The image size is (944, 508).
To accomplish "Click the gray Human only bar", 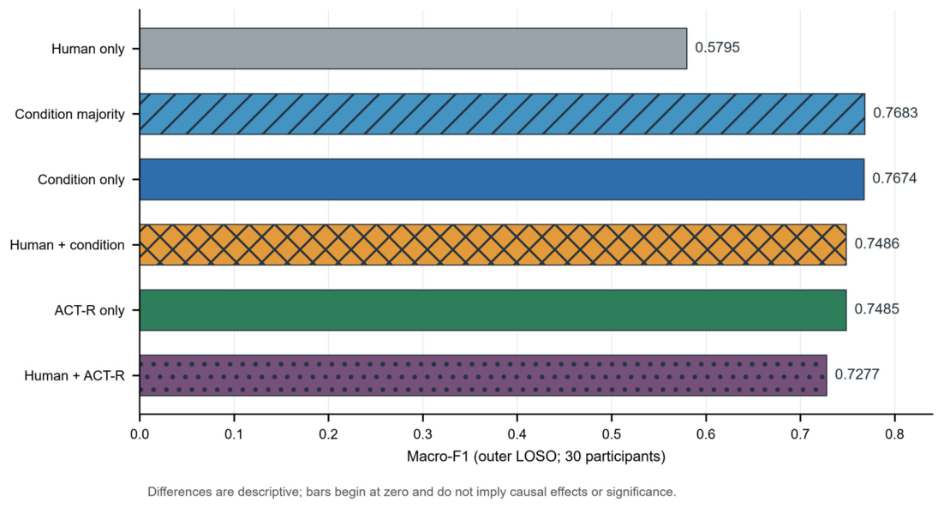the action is [x=413, y=48].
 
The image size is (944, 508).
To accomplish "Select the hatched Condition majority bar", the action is [x=502, y=114].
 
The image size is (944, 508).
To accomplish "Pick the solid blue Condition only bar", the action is [x=501, y=179].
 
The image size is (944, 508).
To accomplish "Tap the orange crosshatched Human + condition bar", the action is [x=493, y=244].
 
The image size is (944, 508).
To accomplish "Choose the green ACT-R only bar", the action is [x=493, y=310].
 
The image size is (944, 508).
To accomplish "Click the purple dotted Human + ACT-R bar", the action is [x=483, y=375].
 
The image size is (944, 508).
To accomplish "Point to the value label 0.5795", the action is [x=717, y=48].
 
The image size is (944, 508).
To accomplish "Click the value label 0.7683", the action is [x=895, y=113].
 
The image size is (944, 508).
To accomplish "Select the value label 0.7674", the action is [x=894, y=178].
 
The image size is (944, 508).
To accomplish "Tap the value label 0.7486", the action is [x=876, y=244].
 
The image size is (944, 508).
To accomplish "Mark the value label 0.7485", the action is [x=876, y=308].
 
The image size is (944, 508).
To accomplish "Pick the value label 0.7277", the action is [x=857, y=374].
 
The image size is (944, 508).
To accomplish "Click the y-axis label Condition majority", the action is [x=70, y=114].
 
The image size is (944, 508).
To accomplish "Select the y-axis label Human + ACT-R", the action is [x=75, y=375].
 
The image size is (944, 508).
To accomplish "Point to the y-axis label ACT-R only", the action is [x=90, y=311].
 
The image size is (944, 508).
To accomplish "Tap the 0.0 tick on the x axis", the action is [x=140, y=434].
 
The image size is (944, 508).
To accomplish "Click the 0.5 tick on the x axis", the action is [x=611, y=434].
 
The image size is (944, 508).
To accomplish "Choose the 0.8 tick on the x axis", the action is [x=894, y=434].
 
